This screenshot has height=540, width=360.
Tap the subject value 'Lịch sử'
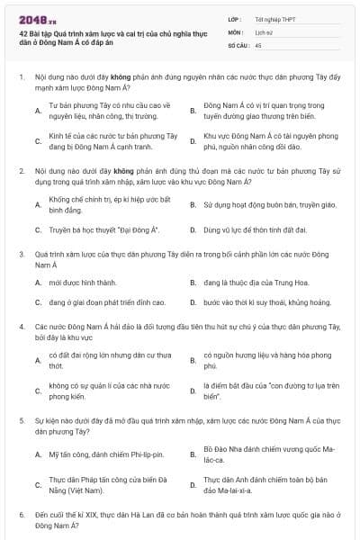(x=264, y=31)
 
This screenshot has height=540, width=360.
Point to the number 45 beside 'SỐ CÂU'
(x=258, y=43)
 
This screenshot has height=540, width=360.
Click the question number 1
(x=21, y=78)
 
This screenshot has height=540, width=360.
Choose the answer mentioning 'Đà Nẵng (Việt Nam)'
(x=106, y=486)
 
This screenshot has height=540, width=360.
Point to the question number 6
(x=21, y=513)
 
